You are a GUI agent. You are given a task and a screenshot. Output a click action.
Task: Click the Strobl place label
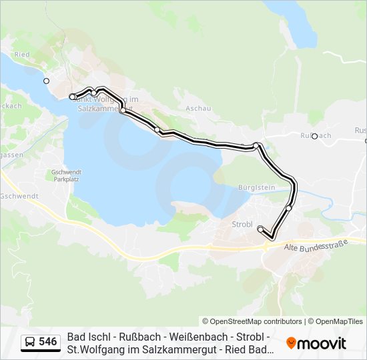pos(242,224)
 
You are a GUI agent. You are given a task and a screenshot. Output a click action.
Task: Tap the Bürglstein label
pos(256,188)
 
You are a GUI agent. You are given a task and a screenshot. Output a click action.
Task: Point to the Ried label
pos(22,55)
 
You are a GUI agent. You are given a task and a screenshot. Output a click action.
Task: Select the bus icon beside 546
pos(31,342)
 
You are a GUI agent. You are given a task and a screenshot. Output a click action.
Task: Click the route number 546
pos(47,342)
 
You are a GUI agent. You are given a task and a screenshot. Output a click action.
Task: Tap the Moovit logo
pos(316,343)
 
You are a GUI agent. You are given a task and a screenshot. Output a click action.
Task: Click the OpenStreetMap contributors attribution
pos(252,321)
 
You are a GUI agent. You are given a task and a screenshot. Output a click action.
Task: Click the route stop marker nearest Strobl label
pos(260,229)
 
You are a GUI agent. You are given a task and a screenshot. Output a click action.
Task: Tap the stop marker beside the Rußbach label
pos(314,136)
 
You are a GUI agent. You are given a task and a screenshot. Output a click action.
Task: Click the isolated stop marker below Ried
pos(46,81)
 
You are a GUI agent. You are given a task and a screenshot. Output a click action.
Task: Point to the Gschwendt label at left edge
pos(19,196)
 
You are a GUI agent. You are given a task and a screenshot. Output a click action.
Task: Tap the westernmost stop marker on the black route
pos(72,97)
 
